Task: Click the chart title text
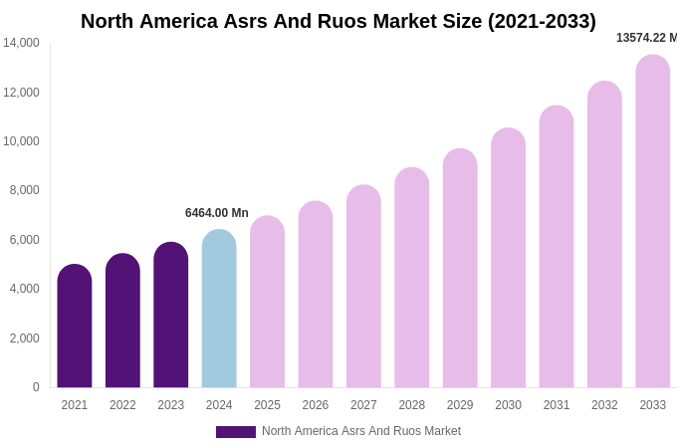coord(338,21)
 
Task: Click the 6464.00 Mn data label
coord(217,213)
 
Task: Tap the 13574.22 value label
coord(646,38)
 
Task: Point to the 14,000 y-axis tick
coord(21,43)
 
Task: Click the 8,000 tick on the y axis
coord(24,190)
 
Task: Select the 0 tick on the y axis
coord(36,387)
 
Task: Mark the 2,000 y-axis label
coord(24,338)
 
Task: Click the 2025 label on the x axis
coord(267,405)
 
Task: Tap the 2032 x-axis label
coord(604,405)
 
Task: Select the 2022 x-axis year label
coord(122,405)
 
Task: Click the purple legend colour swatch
coord(236,432)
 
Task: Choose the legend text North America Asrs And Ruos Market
coord(361,431)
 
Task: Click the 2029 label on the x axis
coord(460,405)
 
